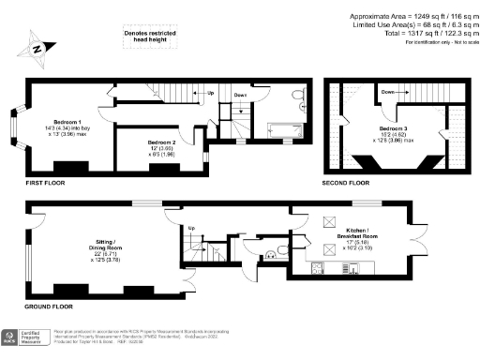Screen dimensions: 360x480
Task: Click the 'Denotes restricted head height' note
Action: pos(150,37)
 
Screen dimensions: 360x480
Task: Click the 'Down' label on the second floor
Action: pos(387,93)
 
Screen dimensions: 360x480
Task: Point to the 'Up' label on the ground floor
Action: pos(191,229)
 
